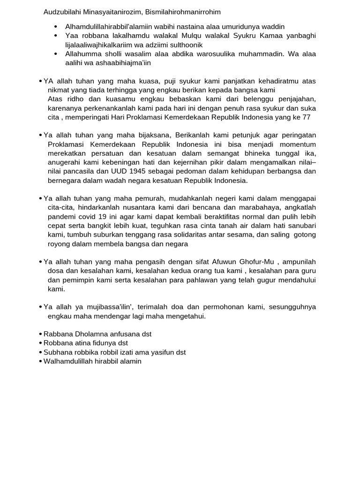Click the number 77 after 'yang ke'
307,117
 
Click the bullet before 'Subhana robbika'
40,352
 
